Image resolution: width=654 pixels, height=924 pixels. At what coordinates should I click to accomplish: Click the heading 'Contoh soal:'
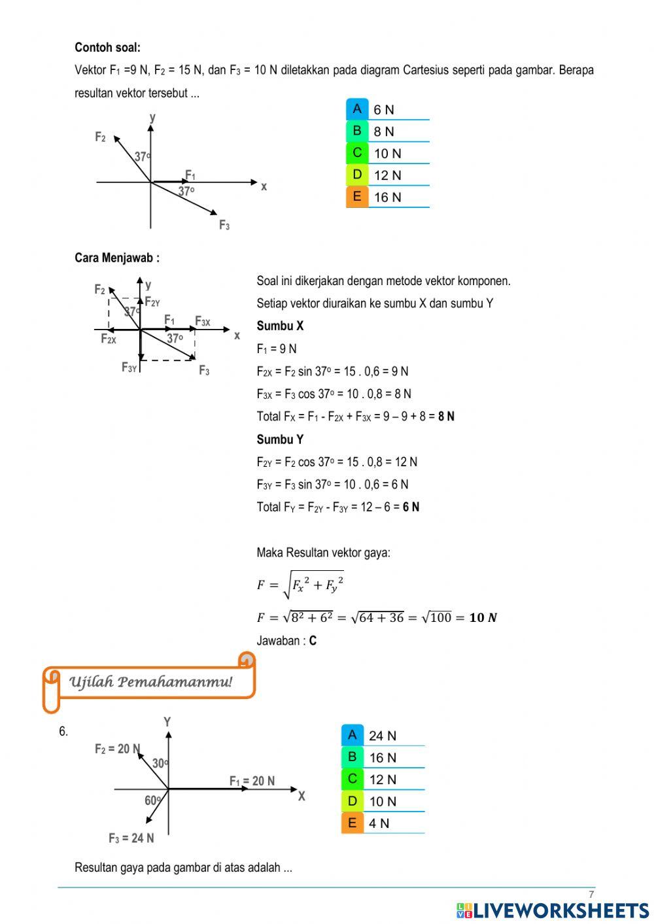click(x=107, y=47)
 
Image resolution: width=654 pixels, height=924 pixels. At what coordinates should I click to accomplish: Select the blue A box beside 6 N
click(x=357, y=109)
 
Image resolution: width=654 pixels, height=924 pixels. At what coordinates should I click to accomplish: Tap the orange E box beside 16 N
click(x=357, y=196)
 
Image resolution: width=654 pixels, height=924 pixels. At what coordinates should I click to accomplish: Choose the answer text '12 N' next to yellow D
click(x=387, y=175)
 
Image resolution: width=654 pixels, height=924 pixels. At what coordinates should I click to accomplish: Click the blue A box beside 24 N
click(x=353, y=735)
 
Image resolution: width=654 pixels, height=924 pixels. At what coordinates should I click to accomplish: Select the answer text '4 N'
click(x=379, y=823)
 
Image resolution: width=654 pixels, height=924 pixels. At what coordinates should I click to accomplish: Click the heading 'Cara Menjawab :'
click(x=117, y=258)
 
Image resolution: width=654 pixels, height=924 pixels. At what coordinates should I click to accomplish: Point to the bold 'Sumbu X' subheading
click(x=280, y=326)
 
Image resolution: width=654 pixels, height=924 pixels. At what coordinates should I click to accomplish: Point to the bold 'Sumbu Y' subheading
click(x=280, y=439)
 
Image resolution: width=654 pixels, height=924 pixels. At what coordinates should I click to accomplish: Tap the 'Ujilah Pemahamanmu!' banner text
click(x=150, y=682)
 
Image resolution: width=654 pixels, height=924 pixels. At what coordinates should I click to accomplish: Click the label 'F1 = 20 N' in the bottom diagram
click(x=252, y=781)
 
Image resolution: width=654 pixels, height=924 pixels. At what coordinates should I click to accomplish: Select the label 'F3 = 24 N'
click(x=131, y=838)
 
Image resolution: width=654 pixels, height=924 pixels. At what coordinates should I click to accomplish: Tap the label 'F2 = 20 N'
click(x=117, y=749)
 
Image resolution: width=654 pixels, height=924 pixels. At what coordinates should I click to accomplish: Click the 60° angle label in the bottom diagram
click(x=153, y=800)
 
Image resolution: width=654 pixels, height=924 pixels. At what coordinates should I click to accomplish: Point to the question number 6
click(x=63, y=732)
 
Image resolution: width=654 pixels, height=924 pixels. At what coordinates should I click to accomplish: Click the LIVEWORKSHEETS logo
click(x=553, y=910)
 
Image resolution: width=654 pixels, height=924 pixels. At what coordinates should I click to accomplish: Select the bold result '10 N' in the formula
click(x=483, y=617)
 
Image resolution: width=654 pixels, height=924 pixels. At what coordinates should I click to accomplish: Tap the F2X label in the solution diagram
click(x=109, y=339)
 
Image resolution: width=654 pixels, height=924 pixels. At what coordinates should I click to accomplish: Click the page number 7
click(x=591, y=895)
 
